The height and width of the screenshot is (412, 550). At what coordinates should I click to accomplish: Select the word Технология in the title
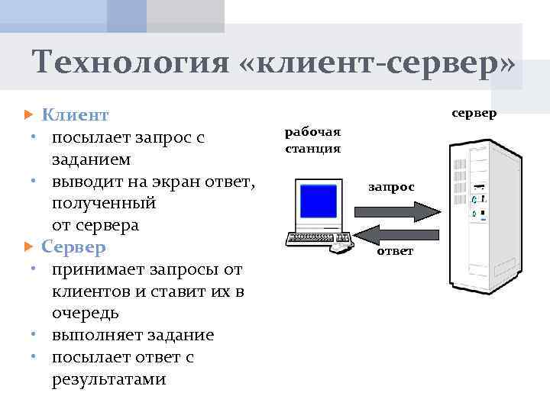131,63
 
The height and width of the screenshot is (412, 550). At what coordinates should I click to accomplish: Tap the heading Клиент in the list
75,115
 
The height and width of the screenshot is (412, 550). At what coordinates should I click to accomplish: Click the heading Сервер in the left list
73,248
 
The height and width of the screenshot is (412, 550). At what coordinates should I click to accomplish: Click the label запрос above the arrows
392,187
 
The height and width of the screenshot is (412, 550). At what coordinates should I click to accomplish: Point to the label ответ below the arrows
395,251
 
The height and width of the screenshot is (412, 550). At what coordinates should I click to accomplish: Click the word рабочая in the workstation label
313,133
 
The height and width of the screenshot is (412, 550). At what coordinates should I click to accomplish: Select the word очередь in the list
84,314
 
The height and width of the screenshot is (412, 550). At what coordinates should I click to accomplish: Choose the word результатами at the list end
108,380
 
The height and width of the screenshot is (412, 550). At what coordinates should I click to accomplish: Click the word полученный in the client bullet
104,204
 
